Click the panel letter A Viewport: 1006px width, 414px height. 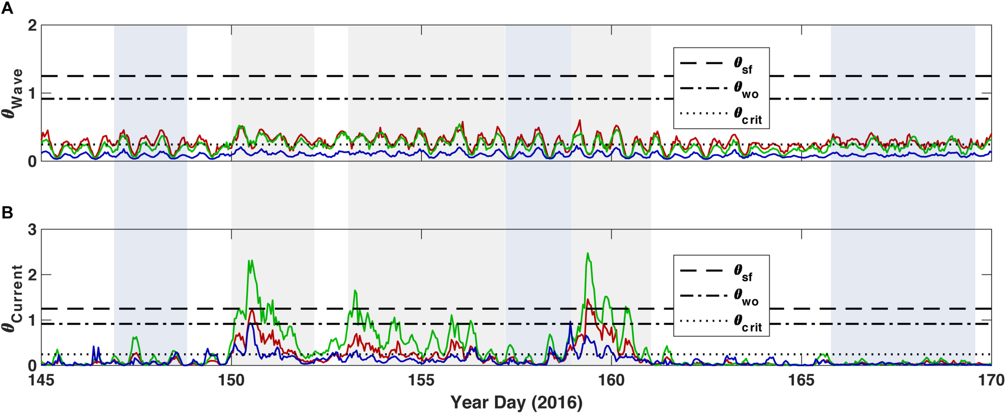7,8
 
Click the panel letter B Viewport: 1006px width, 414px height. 7,212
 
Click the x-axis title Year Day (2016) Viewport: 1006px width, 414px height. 516,402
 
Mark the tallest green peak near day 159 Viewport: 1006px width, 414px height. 588,253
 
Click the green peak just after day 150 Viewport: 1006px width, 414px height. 251,261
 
